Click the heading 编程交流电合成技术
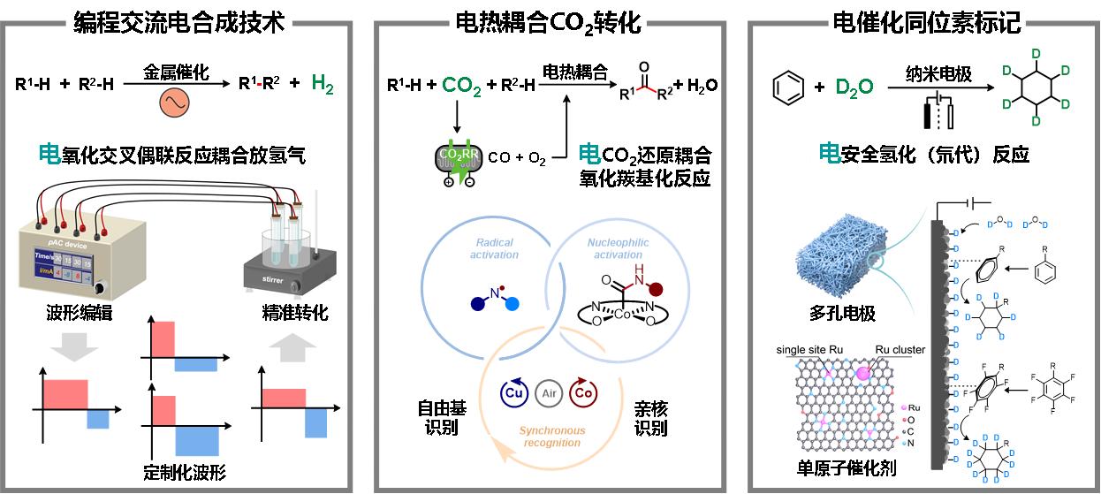coord(178,22)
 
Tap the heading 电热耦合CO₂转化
coord(547,22)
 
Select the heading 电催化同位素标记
coord(927,22)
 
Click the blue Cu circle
coord(514,391)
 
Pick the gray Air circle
coord(549,391)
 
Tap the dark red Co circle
coord(583,391)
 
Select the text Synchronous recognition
coord(551,437)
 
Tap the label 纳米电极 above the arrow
coord(938,74)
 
